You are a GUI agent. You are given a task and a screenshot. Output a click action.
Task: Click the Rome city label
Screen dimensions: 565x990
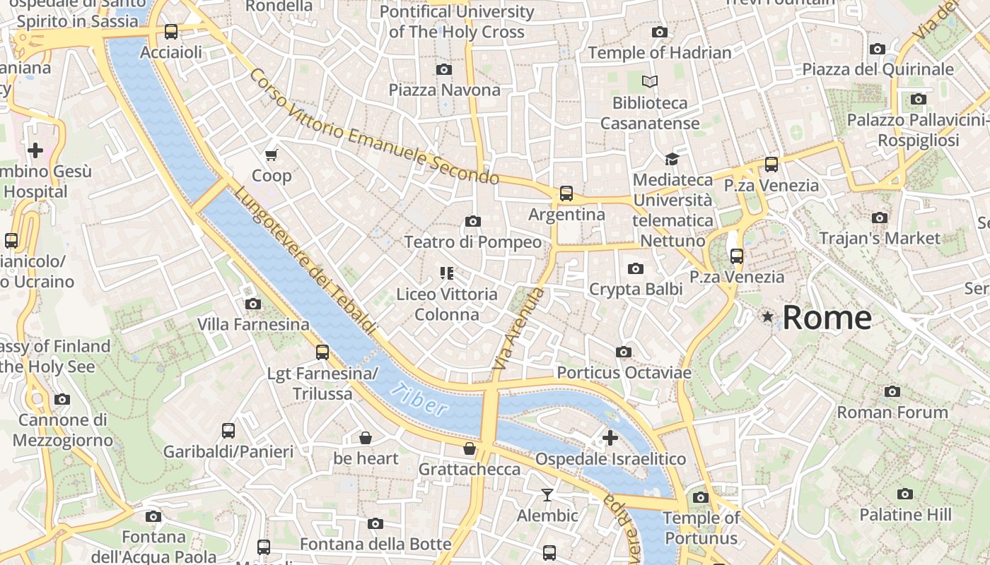pos(827,318)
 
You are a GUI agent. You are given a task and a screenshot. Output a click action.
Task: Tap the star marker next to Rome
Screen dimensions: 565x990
pos(767,317)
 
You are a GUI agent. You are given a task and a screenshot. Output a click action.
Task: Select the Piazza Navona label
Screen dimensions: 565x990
pos(444,90)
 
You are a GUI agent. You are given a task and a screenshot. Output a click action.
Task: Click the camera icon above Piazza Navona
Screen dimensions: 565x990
pos(444,69)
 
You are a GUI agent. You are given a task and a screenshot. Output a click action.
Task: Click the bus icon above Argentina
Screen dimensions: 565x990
pos(566,194)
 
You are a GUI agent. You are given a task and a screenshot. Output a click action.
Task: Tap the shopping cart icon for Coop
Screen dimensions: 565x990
pos(272,155)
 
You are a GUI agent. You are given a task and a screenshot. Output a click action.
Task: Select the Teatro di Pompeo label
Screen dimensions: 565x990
pos(472,242)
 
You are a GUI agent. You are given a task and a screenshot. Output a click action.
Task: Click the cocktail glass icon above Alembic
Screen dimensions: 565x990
pos(547,494)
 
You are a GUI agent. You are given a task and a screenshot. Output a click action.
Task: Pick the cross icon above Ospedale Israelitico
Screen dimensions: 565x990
pos(610,438)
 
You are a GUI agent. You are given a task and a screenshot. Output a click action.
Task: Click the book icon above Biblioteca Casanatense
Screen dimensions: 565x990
pos(649,82)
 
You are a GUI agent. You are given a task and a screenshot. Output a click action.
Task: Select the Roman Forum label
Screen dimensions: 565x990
pos(892,412)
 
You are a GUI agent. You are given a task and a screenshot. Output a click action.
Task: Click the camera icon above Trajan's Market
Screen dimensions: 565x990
pos(880,218)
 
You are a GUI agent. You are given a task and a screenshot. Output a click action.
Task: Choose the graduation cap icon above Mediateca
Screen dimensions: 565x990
pos(671,160)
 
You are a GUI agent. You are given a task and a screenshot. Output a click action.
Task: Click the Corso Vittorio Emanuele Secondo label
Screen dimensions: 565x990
pos(374,127)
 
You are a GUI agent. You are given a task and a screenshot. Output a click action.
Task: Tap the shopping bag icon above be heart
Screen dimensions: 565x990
pos(366,438)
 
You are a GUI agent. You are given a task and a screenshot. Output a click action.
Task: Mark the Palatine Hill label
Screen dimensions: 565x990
pos(905,515)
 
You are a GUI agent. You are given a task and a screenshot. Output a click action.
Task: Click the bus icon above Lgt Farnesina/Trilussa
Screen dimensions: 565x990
pos(322,352)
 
